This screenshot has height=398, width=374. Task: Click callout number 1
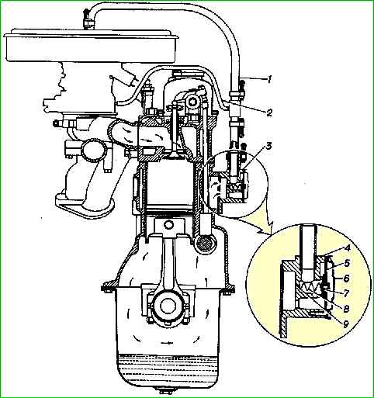pyautogui.click(x=269, y=79)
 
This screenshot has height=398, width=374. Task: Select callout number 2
pyautogui.click(x=269, y=112)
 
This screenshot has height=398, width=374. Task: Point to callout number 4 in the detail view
pyautogui.click(x=347, y=248)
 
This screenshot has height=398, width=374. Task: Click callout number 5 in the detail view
pyautogui.click(x=347, y=263)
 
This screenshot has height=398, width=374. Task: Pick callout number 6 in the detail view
pyautogui.click(x=347, y=279)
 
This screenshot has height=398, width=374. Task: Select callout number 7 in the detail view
pyautogui.click(x=347, y=293)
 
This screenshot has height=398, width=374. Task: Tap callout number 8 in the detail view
pyautogui.click(x=346, y=308)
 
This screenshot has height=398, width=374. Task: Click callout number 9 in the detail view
pyautogui.click(x=345, y=324)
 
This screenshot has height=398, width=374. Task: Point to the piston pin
pyautogui.click(x=168, y=224)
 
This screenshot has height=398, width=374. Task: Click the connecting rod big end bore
pyautogui.click(x=165, y=306)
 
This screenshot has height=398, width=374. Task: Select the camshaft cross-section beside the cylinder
pyautogui.click(x=205, y=244)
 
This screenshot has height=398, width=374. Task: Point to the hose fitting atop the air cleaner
pyautogui.click(x=87, y=20)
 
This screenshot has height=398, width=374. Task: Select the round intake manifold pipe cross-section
pyautogui.click(x=94, y=151)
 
